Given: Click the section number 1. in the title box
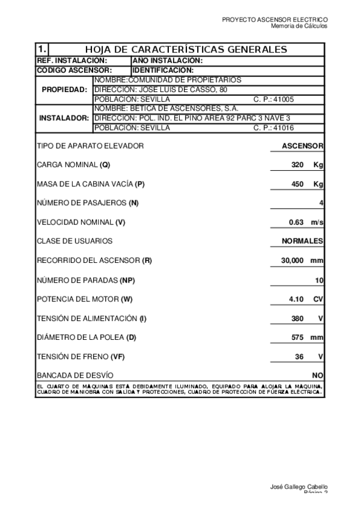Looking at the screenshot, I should [x=41, y=49].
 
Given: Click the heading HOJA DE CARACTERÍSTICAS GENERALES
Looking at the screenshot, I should [x=186, y=49].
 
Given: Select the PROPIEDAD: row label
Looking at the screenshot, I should [x=64, y=90].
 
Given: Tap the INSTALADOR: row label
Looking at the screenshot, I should [x=64, y=118].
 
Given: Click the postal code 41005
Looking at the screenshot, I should [x=283, y=99].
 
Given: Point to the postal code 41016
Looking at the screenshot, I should [x=283, y=128].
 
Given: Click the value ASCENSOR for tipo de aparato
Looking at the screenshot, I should [x=303, y=146].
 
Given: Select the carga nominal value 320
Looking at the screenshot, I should [x=297, y=165].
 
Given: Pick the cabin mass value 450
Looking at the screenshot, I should [x=297, y=184].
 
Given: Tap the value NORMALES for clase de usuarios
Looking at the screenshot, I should [x=302, y=241].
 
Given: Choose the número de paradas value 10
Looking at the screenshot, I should [x=319, y=280].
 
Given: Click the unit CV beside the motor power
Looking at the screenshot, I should [x=319, y=299].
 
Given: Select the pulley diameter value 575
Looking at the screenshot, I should [x=297, y=337].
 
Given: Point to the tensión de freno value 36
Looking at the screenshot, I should [x=299, y=357].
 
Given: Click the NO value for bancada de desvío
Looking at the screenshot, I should [x=318, y=375].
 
